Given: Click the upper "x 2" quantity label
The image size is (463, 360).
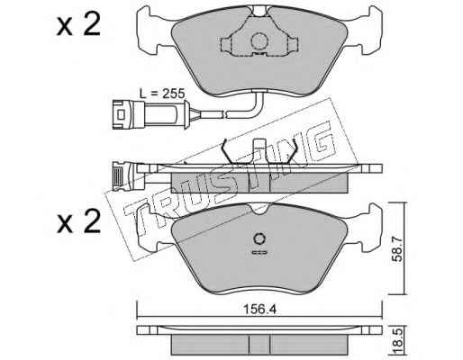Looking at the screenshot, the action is pyautogui.click(x=79, y=24).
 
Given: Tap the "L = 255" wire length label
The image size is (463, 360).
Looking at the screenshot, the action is pyautogui.click(x=162, y=94).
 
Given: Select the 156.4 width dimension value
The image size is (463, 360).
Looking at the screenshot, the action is pyautogui.click(x=259, y=310).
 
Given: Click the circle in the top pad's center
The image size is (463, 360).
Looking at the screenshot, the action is pyautogui.click(x=259, y=41).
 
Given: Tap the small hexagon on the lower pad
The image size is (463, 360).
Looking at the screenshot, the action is pyautogui.click(x=259, y=239).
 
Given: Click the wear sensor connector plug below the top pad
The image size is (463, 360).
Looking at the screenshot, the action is pyautogui.click(x=150, y=114).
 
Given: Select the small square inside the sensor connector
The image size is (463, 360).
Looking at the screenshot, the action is pyautogui.click(x=122, y=114).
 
